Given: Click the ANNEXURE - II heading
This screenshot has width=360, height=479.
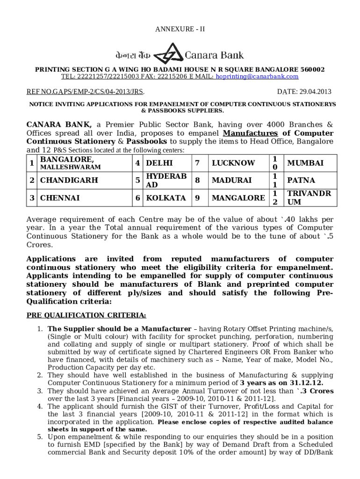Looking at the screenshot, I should click(x=180, y=29).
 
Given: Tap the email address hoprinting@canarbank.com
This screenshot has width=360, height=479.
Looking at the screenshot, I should click(x=257, y=77).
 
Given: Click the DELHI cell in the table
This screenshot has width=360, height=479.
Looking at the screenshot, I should click(x=159, y=163).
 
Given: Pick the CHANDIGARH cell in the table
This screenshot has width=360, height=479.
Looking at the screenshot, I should click(x=69, y=180).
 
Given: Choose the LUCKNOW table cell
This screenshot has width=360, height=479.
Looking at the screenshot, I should click(x=233, y=163).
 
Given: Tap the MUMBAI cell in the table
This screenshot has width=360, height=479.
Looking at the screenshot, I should click(x=305, y=163).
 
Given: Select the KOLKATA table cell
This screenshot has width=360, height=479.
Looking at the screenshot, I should click(x=166, y=198).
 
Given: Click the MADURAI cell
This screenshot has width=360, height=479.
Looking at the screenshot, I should click(x=232, y=180).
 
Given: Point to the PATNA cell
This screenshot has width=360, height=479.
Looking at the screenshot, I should click(x=301, y=180).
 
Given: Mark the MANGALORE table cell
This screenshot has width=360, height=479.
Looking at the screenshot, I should click(x=238, y=198).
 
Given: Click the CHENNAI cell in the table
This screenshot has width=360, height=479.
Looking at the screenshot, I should click(x=60, y=198).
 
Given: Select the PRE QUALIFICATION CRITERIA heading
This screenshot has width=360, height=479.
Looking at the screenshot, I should click(x=86, y=315).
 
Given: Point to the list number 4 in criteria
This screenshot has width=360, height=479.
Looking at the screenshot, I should click(x=40, y=406).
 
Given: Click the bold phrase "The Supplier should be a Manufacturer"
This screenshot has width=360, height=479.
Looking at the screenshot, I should click(x=119, y=329).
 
